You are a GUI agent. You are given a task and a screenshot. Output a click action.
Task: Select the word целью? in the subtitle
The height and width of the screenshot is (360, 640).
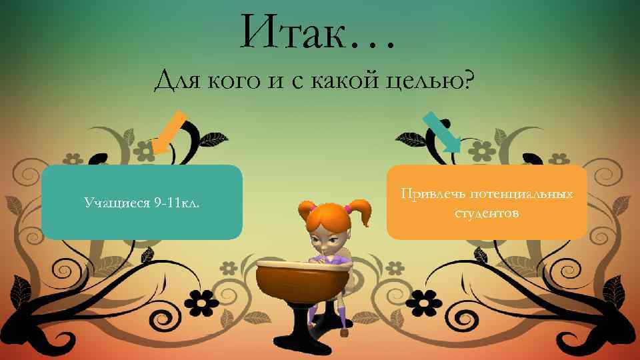pyautogui.click(x=435, y=83)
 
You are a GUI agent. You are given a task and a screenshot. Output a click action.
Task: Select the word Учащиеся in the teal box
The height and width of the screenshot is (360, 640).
pyautogui.click(x=116, y=201)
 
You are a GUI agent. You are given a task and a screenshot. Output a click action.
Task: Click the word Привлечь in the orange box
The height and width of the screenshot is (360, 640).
pyautogui.click(x=433, y=194)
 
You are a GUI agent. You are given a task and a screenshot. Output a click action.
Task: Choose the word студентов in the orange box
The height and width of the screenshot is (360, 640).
pyautogui.click(x=487, y=213)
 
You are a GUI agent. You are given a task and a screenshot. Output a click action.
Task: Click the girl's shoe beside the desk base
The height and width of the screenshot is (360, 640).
pyautogui.click(x=344, y=331)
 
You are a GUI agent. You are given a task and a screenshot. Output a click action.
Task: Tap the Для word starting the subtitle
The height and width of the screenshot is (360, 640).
pyautogui.click(x=178, y=82)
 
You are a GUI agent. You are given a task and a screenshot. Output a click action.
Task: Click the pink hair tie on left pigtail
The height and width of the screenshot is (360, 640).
pyautogui.click(x=312, y=208)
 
